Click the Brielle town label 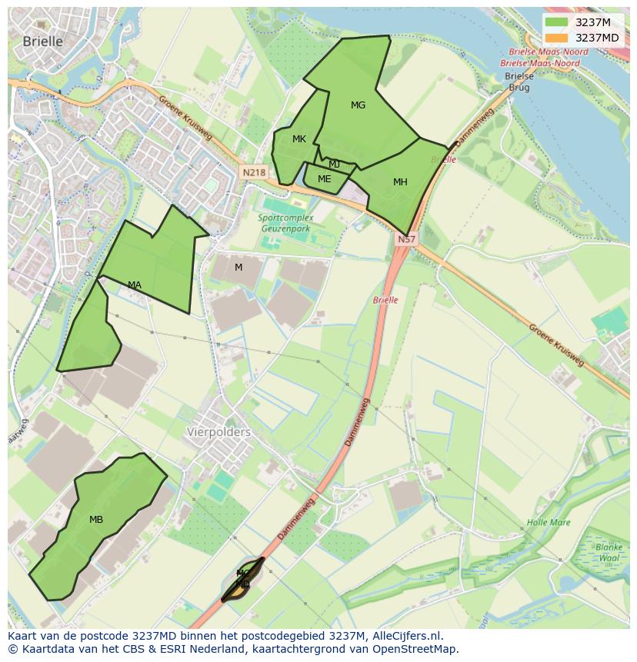coord(42,42)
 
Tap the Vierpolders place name coord(218,432)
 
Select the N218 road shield coord(253,173)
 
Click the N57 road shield coord(406,240)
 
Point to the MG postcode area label coord(358,105)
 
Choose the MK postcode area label coord(299,139)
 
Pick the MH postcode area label coord(400,182)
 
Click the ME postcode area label coord(324,179)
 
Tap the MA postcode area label coord(135,285)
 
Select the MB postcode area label coord(96,520)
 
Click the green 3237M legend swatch coord(556,22)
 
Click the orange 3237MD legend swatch coord(556,38)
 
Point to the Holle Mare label coord(549,523)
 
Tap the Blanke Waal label coord(608,553)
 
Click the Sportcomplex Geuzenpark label coord(284,223)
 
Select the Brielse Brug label coord(519,82)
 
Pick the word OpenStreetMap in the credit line coord(419,649)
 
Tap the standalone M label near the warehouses coord(238,268)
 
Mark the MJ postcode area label coord(334,165)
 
